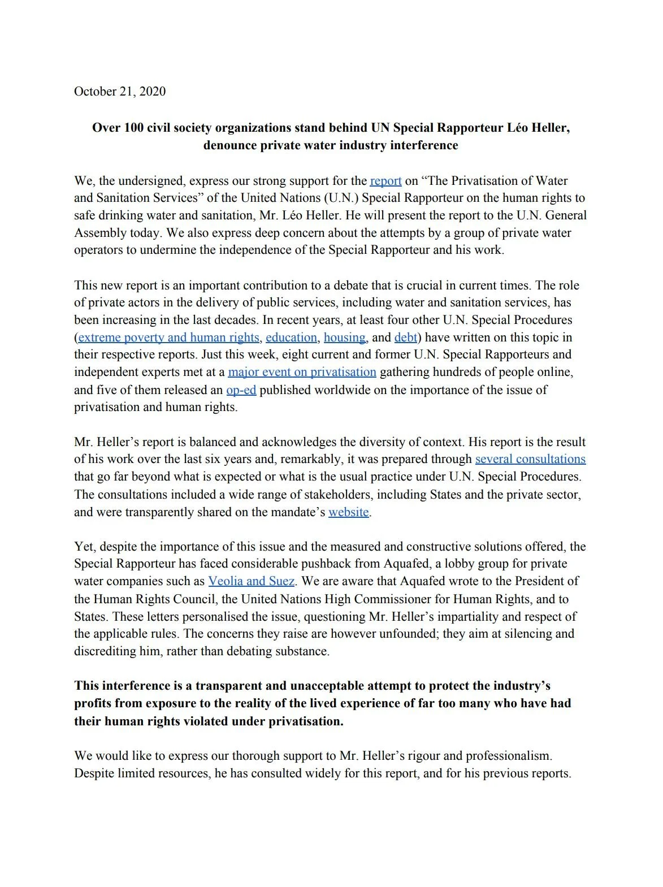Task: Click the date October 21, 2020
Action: click(x=120, y=92)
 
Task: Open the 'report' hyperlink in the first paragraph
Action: click(x=385, y=181)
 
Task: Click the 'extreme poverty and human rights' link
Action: click(x=168, y=338)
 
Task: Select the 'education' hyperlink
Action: click(x=291, y=338)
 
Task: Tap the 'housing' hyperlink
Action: click(x=344, y=338)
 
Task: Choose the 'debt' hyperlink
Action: click(x=405, y=338)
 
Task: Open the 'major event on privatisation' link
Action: click(x=302, y=372)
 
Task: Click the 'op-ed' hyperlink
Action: click(x=241, y=390)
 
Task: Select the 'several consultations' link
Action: click(x=530, y=459)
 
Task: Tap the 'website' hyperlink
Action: click(x=348, y=512)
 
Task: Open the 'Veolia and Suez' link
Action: click(x=251, y=581)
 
